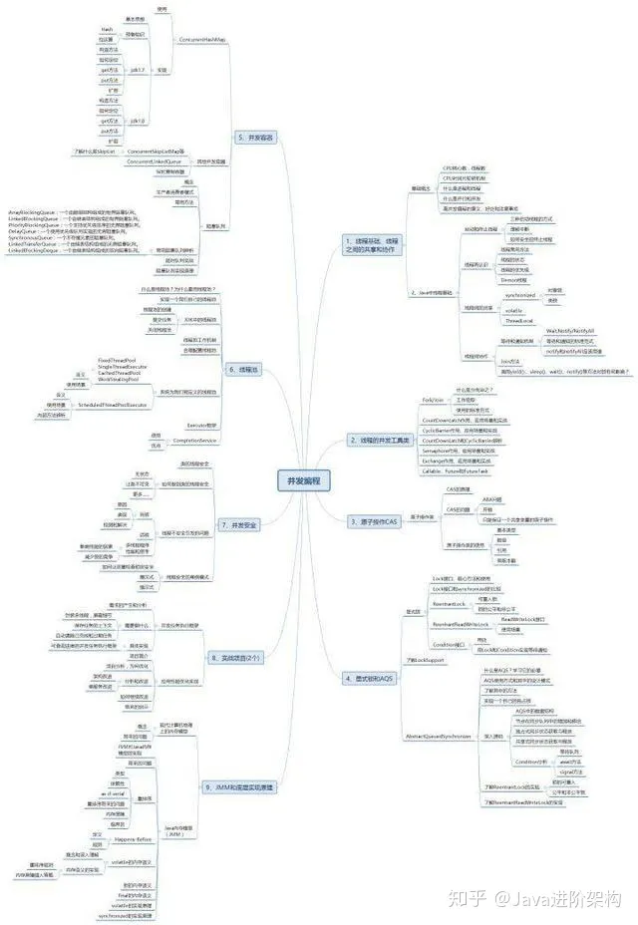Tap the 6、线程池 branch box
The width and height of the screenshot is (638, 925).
(x=244, y=369)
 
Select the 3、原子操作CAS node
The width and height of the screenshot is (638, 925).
(x=373, y=520)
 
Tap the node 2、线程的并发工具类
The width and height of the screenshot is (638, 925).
(x=379, y=440)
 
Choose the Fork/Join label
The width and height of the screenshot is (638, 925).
(x=433, y=399)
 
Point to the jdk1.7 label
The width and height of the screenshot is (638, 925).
(x=138, y=70)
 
